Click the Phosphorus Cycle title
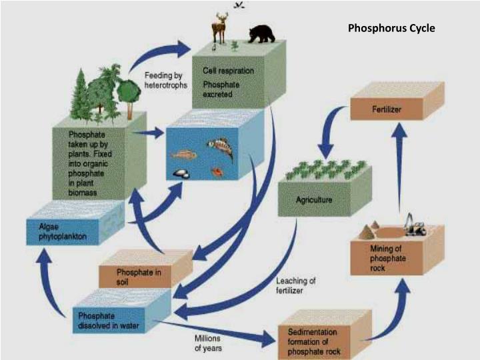(391, 29)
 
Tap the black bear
(262, 34)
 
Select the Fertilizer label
(387, 109)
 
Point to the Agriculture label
(314, 200)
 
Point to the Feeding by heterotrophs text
(165, 80)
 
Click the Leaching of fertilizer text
(296, 285)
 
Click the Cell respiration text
(228, 70)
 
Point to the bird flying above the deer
(238, 5)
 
